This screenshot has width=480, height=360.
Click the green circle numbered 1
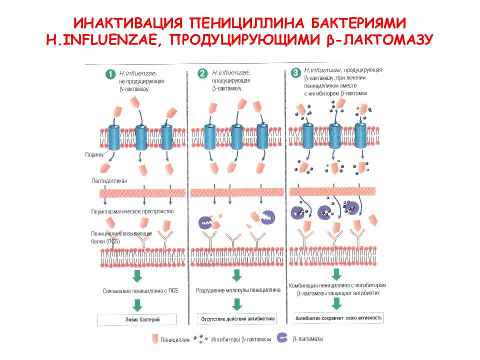point(110,74)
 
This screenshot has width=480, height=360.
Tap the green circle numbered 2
point(202,74)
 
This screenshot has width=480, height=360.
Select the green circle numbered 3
point(295,73)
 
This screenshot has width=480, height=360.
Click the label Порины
point(94,155)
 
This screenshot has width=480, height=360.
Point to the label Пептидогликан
point(109,181)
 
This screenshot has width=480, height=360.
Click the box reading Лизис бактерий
point(137,319)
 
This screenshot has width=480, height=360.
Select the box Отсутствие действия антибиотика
point(237,318)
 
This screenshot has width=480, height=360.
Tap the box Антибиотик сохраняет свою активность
point(338,318)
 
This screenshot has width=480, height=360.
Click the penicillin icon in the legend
point(155,339)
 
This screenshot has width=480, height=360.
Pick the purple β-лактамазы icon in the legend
point(282,337)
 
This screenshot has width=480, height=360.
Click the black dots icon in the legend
point(200,338)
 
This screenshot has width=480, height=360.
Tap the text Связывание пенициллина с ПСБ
point(140,291)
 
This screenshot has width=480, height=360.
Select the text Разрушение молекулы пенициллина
point(238,290)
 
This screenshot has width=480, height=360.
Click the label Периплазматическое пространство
point(132,211)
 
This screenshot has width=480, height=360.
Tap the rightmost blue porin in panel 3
point(360,135)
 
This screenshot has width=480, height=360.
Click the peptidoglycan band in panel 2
point(237,192)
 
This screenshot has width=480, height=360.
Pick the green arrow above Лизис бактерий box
point(137,305)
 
